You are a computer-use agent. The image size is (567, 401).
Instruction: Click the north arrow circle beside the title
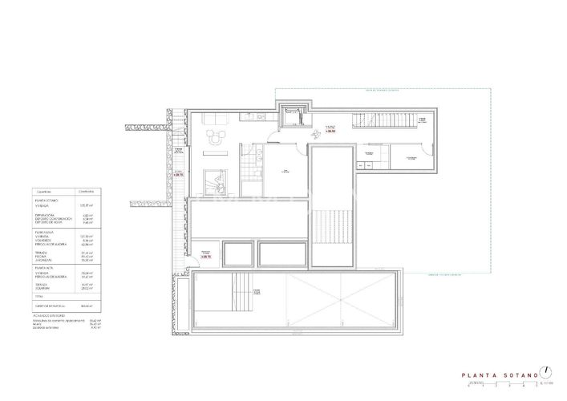[x=546, y=371]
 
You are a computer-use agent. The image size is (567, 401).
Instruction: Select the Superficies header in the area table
[x=44, y=192]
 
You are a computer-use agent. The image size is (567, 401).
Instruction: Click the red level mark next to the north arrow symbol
[x=330, y=128]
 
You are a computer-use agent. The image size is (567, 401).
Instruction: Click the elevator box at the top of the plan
[x=290, y=115]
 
